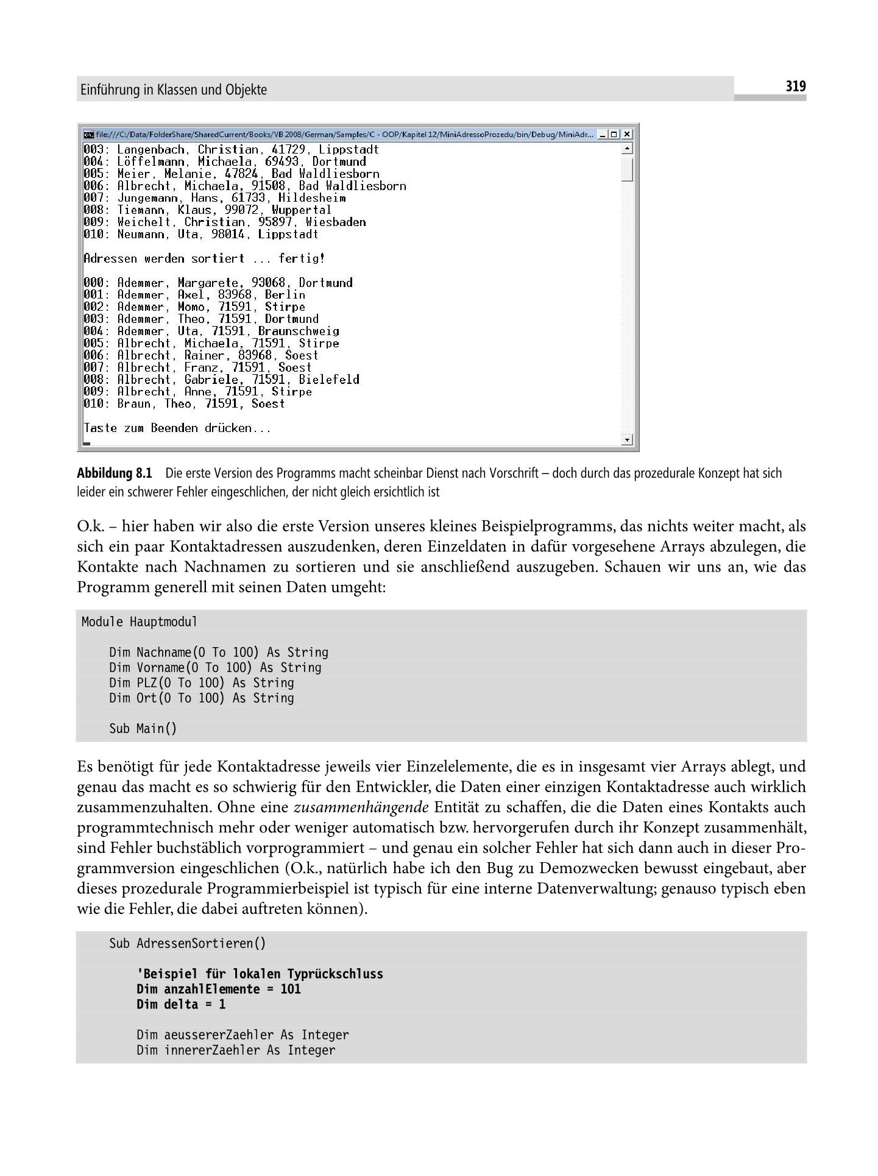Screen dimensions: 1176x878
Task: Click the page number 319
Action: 795,87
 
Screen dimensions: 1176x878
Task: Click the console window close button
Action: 627,134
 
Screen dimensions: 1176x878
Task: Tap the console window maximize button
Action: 614,134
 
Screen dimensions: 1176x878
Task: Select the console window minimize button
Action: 603,134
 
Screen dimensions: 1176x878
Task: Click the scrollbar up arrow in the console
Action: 628,148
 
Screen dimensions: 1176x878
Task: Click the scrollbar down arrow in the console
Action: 628,439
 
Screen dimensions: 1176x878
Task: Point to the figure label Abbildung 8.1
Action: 114,473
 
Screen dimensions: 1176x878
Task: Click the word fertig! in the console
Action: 302,258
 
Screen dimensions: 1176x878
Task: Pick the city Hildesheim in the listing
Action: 312,198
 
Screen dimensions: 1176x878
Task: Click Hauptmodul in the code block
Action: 163,622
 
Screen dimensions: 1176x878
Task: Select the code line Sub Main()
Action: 143,728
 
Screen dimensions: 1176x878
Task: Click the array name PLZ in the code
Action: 147,683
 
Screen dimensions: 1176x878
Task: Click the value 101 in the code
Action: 291,989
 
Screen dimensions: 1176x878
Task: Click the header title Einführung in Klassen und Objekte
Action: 173,90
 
